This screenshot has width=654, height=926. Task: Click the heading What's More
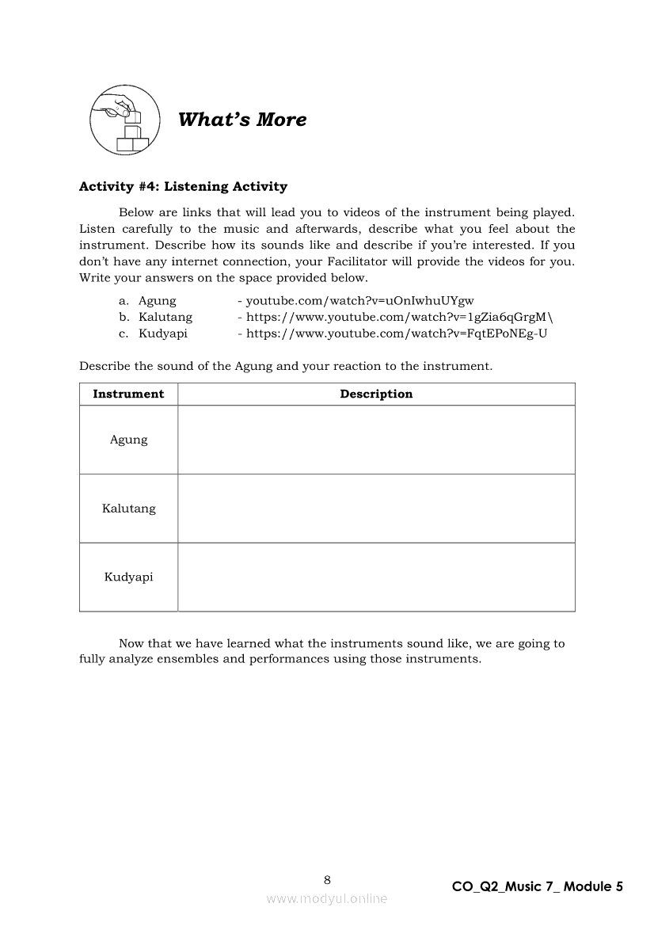tap(242, 120)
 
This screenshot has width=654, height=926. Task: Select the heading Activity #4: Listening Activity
tap(183, 187)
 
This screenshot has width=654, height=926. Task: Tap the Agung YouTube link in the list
tap(359, 301)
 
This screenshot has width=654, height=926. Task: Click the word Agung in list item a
tap(158, 301)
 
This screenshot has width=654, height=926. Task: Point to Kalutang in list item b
tap(165, 317)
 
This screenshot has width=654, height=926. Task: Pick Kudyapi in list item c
tap(163, 333)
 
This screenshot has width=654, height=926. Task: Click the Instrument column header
tap(128, 394)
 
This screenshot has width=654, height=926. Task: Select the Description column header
tap(376, 394)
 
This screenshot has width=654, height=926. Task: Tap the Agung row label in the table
tap(128, 440)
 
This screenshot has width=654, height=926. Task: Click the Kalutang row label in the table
tap(128, 509)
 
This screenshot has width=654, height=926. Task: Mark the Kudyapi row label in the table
tap(128, 577)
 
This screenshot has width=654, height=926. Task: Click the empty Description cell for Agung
tap(376, 440)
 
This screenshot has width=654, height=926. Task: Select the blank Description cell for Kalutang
tap(376, 509)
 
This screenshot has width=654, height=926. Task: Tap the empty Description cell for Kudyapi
tap(376, 577)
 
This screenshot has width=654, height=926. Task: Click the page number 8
tap(327, 879)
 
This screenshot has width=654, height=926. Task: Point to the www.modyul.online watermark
tap(327, 898)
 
